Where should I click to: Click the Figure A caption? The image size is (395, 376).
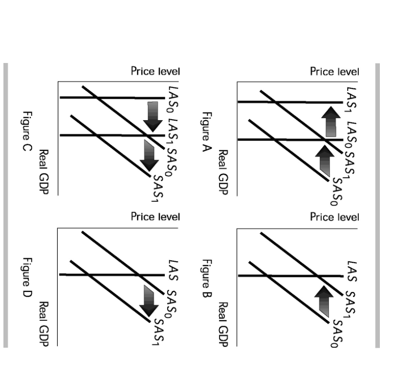207,132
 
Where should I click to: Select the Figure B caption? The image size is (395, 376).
207,278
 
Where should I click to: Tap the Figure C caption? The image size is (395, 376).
27,131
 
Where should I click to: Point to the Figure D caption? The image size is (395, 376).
27,277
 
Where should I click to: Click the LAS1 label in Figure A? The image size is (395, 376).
351,98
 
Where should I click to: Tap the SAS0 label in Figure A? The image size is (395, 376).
337,192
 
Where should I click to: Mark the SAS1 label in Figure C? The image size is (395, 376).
158,189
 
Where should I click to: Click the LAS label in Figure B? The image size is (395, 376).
351,272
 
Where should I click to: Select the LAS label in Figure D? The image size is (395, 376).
173,271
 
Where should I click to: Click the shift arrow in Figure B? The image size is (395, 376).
324,301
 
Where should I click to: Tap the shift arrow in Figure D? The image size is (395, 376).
149,301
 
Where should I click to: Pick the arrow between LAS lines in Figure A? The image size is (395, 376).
331,122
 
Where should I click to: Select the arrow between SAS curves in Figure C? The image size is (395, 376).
149,156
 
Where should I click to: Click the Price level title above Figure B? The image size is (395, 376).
334,217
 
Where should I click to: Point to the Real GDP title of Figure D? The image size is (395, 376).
44,324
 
